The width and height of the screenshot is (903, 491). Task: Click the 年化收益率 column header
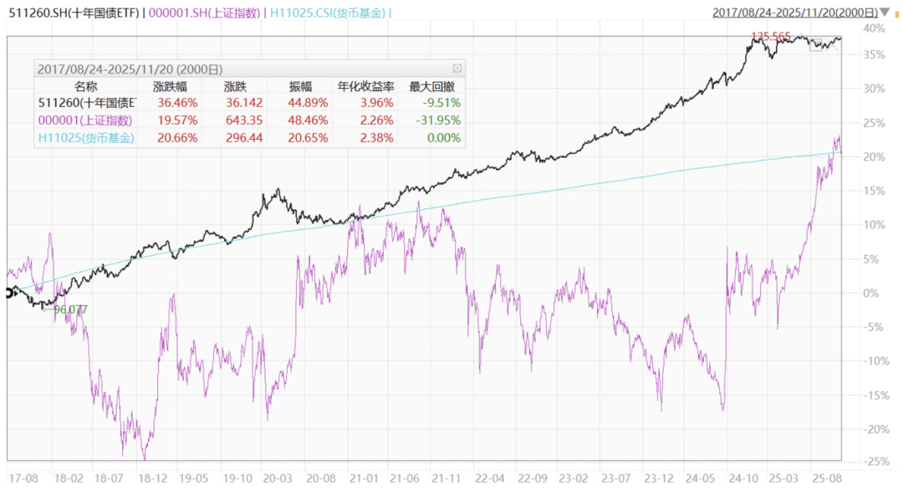[x=364, y=85]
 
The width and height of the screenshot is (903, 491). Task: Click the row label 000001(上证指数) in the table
[x=85, y=120]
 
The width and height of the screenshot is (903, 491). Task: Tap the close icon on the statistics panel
[x=457, y=69]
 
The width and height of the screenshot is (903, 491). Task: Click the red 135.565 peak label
[x=771, y=36]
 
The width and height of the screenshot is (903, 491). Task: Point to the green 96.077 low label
[x=70, y=309]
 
